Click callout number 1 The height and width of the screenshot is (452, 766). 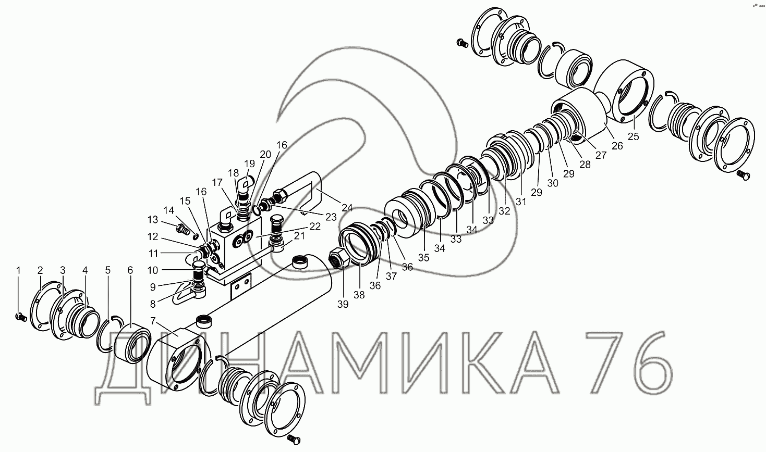[x=18, y=271]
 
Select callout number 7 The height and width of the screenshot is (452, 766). [x=153, y=321]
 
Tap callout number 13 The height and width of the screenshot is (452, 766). [x=153, y=220]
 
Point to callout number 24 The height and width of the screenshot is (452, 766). [x=347, y=208]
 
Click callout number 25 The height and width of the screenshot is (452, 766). [x=634, y=136]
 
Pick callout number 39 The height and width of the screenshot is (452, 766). [x=343, y=304]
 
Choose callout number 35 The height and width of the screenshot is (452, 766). [x=423, y=258]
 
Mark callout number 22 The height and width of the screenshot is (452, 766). [x=315, y=227]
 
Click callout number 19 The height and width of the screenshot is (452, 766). [x=250, y=164]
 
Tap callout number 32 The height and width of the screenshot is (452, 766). [x=504, y=211]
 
